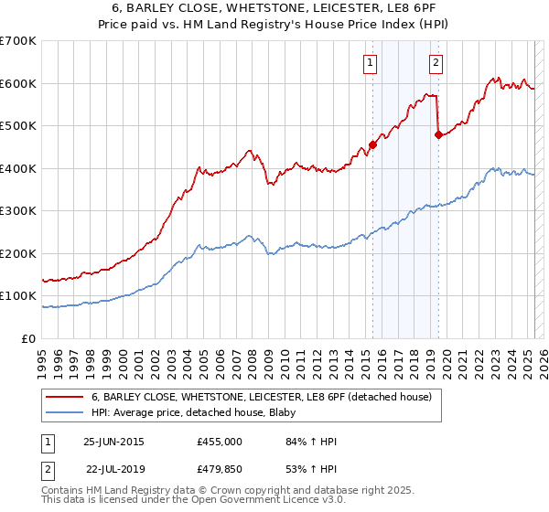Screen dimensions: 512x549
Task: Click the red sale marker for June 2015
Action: pos(373,144)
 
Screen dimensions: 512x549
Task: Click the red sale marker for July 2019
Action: pos(438,134)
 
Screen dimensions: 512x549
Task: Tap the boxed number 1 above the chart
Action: pos(370,63)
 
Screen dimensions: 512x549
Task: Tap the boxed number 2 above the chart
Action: pos(436,63)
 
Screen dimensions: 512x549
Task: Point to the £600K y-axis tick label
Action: pos(18,84)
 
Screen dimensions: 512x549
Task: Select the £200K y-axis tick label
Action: pos(18,254)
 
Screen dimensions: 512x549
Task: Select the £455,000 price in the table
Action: pos(220,442)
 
